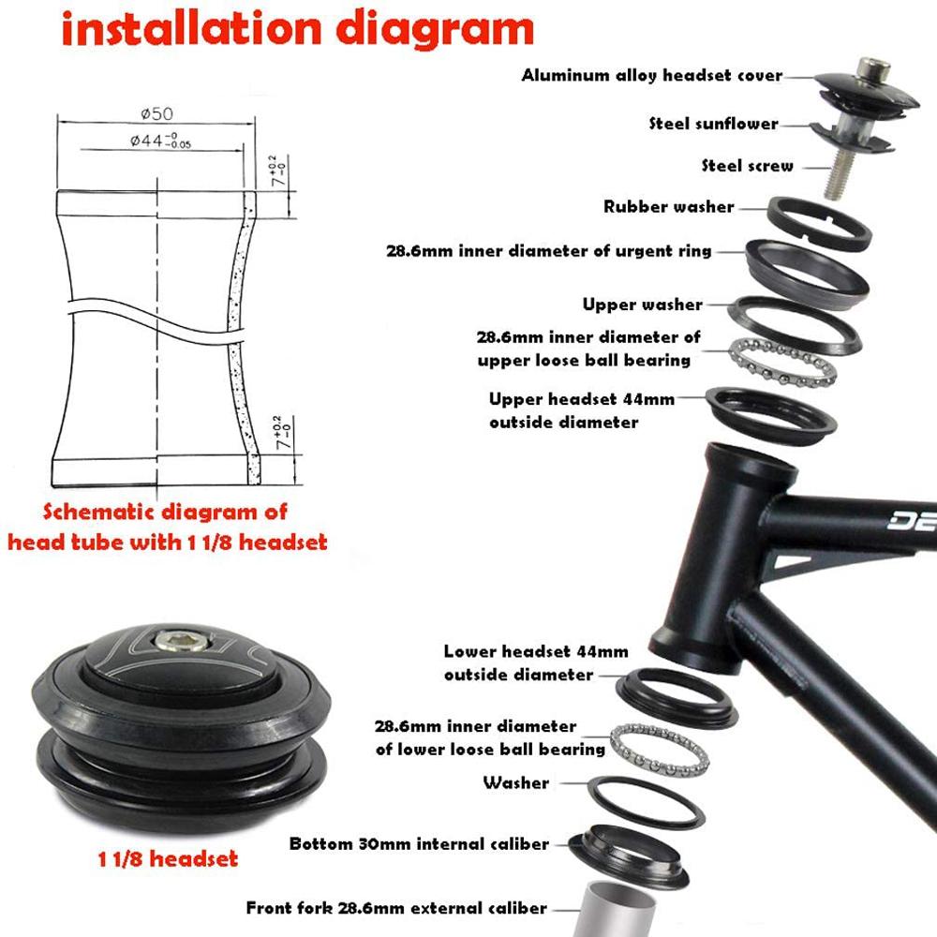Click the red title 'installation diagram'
click(x=297, y=30)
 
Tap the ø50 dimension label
click(x=156, y=113)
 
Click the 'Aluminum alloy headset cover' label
click(x=651, y=75)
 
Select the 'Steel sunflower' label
click(x=713, y=124)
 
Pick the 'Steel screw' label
click(x=747, y=166)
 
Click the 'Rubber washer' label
click(x=668, y=207)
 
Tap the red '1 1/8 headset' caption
click(x=168, y=858)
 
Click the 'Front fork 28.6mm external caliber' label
click(x=396, y=907)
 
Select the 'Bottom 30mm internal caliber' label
click(x=419, y=844)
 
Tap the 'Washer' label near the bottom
click(x=515, y=782)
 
